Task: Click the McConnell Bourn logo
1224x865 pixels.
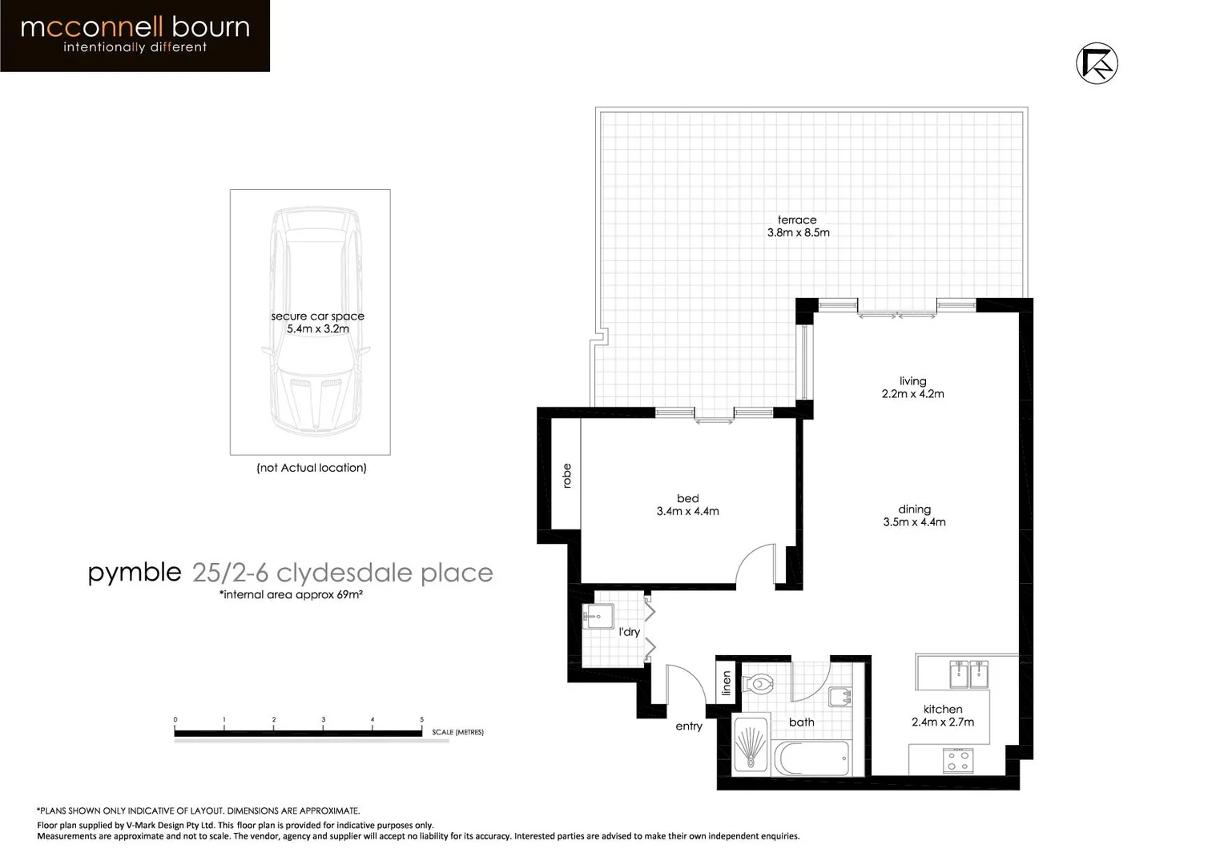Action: (135, 35)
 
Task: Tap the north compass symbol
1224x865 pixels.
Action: (1097, 63)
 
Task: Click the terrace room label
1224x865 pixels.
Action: (797, 219)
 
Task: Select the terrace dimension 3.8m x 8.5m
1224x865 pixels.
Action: (798, 233)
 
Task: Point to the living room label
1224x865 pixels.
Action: (912, 381)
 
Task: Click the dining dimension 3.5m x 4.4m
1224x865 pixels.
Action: (914, 522)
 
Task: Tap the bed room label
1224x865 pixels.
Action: (687, 498)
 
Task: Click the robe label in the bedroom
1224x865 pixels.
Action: (567, 476)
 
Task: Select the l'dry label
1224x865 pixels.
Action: (630, 632)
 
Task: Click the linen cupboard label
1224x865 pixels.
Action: (727, 682)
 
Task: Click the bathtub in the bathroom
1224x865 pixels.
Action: (811, 758)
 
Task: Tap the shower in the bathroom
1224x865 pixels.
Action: (751, 746)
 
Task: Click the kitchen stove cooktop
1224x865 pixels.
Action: (958, 760)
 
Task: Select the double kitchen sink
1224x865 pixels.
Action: (968, 674)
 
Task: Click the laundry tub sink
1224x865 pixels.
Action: (598, 616)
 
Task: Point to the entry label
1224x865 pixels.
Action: (689, 726)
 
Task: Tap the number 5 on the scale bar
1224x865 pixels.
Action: (421, 719)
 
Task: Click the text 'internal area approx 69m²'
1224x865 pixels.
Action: (291, 594)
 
